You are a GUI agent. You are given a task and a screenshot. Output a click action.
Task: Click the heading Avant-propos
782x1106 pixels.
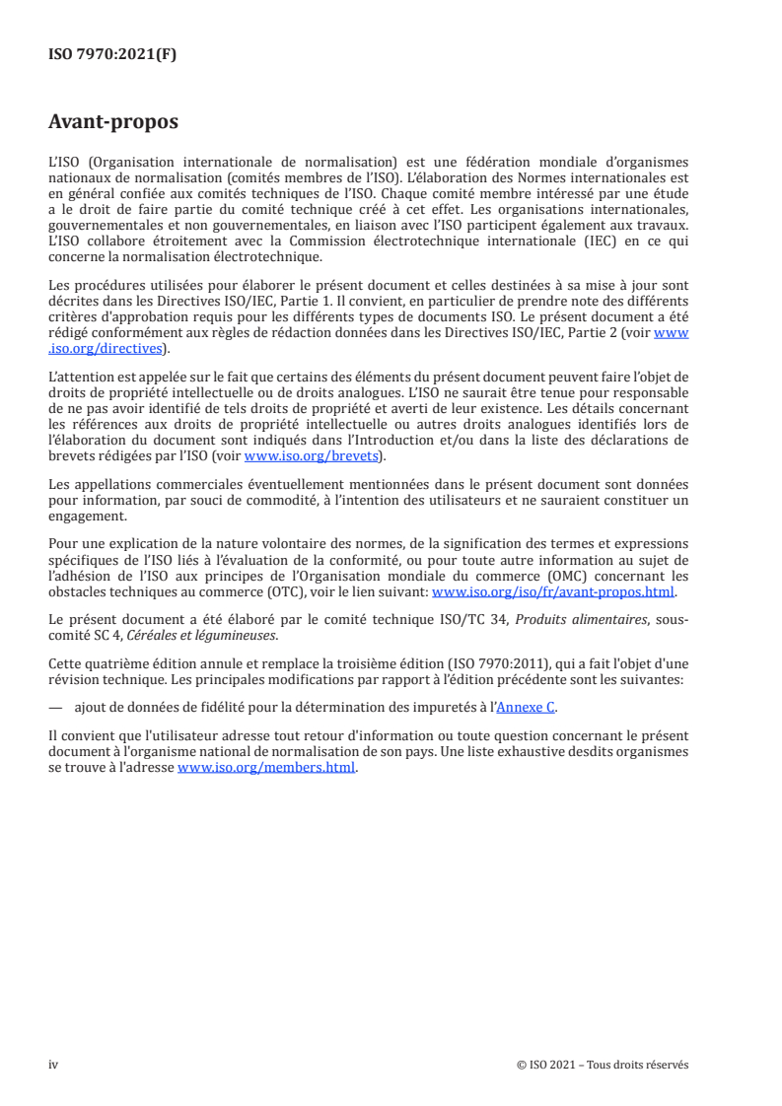pos(113,122)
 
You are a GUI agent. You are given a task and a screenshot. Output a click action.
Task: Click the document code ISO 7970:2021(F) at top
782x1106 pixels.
pos(112,54)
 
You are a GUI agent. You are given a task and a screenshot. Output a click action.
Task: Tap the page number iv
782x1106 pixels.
pos(53,1065)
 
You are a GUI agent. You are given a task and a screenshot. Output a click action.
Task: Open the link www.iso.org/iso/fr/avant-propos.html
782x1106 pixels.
pos(553,591)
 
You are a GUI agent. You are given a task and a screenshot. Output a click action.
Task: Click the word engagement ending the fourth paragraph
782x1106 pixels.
pos(87,516)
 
